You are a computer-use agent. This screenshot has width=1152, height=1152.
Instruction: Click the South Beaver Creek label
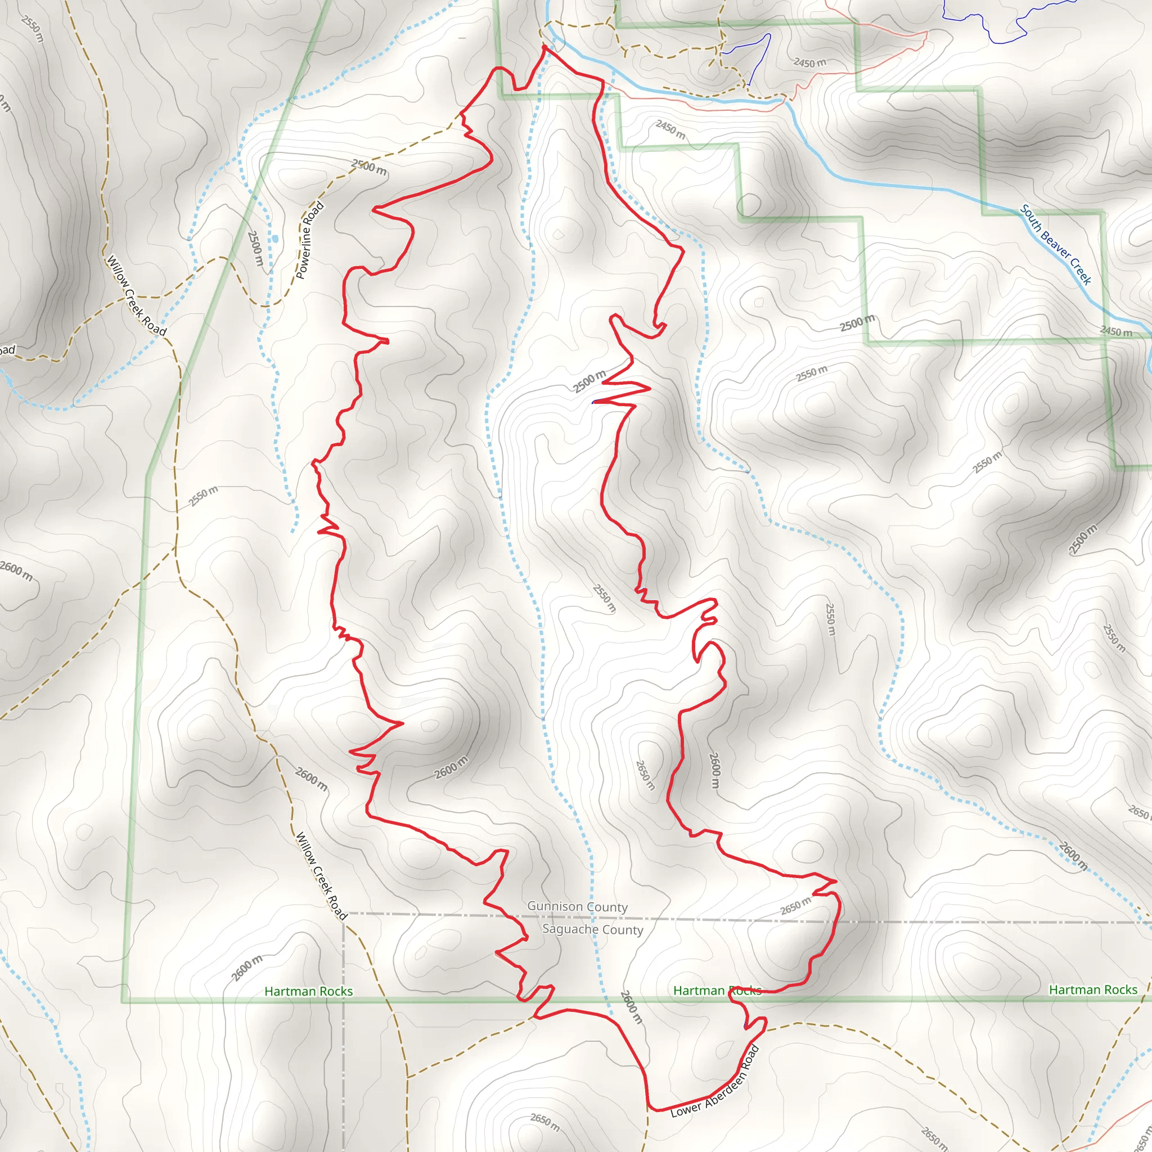(x=1055, y=245)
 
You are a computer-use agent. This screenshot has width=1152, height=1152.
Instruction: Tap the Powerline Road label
(x=310, y=240)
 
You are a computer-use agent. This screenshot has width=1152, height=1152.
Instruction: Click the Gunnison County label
(x=577, y=906)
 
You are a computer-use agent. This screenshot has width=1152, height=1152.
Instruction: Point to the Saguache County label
(x=593, y=929)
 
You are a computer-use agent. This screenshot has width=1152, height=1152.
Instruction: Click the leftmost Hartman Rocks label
(x=308, y=991)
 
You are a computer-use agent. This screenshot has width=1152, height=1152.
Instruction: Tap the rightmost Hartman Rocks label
(x=1093, y=990)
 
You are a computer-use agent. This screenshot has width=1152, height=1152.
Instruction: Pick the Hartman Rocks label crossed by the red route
(x=717, y=991)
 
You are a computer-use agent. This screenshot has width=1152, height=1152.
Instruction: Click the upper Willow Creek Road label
(x=136, y=296)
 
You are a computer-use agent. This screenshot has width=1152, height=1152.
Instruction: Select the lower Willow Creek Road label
(x=321, y=876)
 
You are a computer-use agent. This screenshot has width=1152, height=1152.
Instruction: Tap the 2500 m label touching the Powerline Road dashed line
(x=369, y=168)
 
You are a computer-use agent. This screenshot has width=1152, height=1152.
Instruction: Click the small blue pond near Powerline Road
(x=275, y=239)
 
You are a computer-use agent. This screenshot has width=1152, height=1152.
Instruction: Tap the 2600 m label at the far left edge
(x=16, y=570)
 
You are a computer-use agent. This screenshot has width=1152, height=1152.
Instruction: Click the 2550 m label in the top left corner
(x=32, y=29)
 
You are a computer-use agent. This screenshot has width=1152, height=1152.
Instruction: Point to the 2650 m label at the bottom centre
(x=545, y=1122)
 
